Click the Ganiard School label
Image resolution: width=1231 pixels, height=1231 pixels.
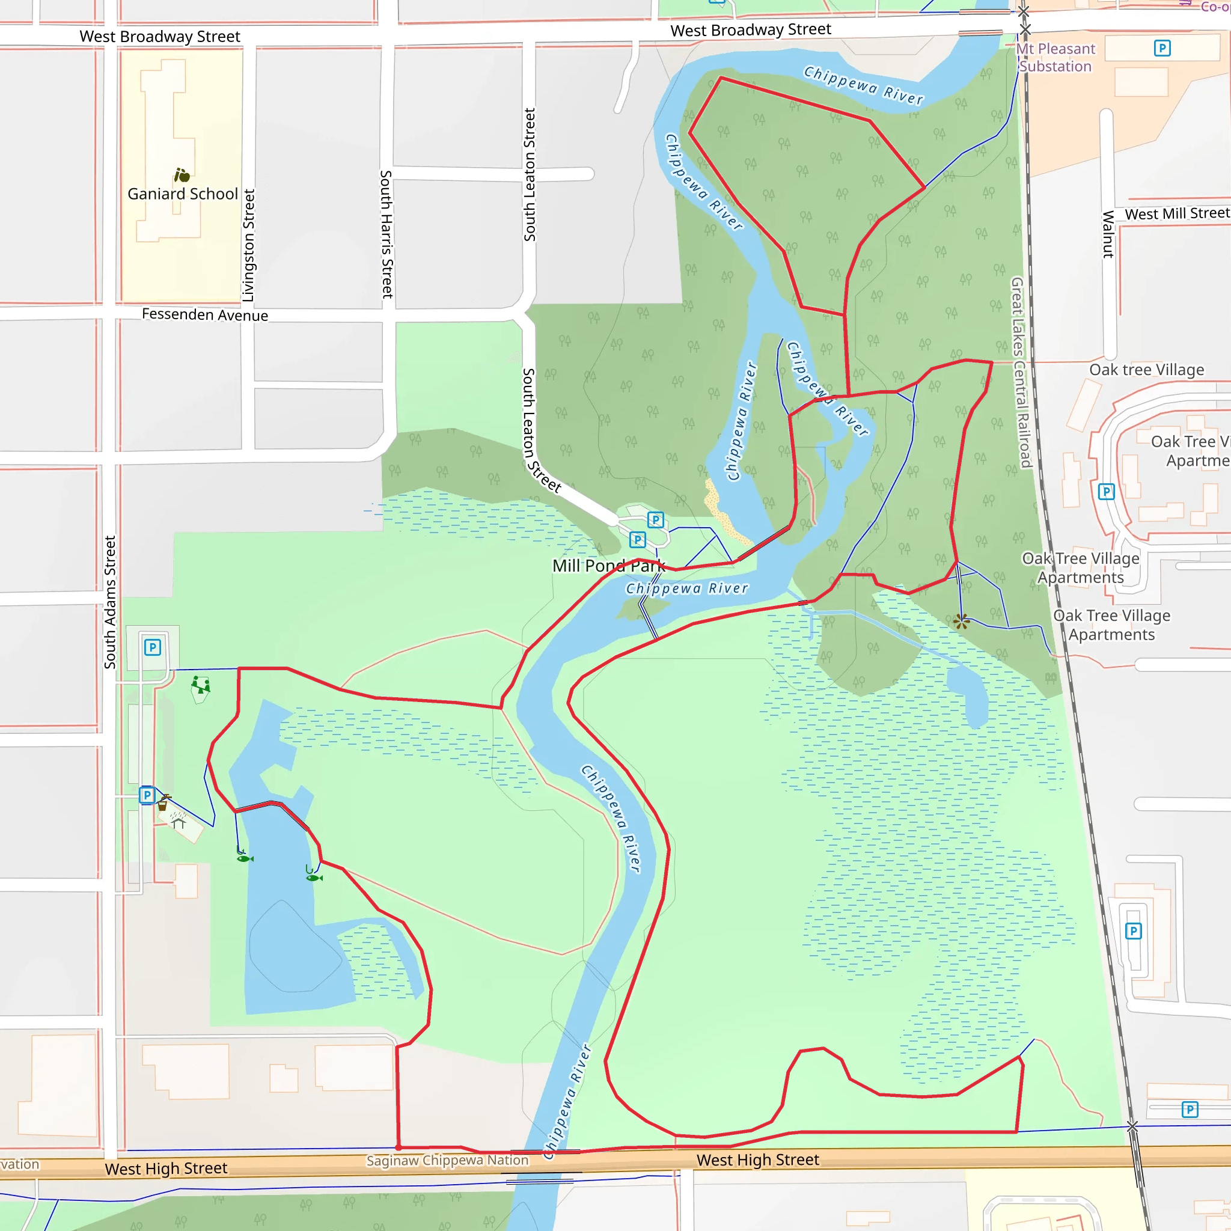182,194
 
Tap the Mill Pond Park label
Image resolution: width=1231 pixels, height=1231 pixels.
608,566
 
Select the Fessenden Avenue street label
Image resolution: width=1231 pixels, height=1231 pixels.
204,315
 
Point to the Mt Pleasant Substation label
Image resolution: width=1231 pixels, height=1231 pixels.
1055,57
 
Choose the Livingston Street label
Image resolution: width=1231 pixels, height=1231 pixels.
248,245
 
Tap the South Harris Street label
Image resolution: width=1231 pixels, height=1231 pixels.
386,234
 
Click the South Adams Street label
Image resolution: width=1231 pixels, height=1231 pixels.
110,602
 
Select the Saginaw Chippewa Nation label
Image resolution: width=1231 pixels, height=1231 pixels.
447,1160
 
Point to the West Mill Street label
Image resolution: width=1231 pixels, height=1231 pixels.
1177,213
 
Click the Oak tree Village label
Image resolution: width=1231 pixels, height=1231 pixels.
1146,370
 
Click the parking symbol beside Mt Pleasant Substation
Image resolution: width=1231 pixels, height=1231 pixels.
1162,48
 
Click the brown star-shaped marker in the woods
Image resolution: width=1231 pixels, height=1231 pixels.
962,622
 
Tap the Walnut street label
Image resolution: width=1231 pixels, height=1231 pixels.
1108,234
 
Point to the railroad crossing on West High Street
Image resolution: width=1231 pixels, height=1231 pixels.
1132,1126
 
